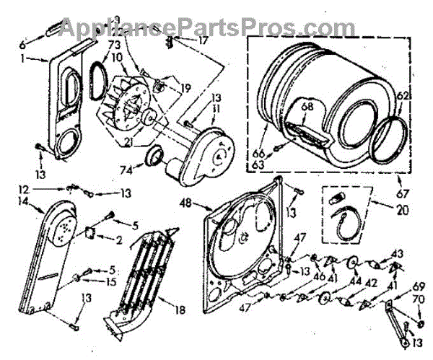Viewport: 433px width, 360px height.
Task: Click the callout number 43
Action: [x=398, y=253]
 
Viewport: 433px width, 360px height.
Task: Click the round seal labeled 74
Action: [x=153, y=157]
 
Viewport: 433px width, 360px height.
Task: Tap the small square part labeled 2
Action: [x=91, y=234]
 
